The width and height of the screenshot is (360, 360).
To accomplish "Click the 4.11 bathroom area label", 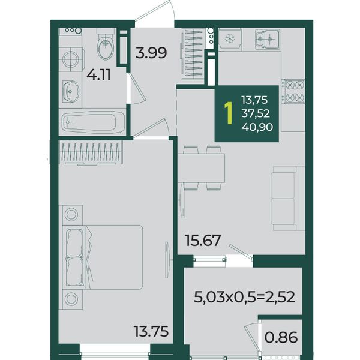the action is point(98,75).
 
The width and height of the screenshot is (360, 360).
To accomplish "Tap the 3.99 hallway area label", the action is point(151,53).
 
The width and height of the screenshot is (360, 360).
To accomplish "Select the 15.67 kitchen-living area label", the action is point(203,241).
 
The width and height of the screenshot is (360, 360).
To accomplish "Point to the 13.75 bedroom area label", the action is point(152,331).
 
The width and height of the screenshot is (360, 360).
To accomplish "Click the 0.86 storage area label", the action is point(281,337).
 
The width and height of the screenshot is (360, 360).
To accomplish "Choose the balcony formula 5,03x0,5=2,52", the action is point(244,297).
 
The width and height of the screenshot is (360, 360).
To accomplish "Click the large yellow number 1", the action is point(229,113).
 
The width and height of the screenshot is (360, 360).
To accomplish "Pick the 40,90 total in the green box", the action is point(257,127).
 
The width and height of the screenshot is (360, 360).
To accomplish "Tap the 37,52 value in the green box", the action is point(256,113).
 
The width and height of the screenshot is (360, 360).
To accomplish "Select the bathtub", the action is point(92,122).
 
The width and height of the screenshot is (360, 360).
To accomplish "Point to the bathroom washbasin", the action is point(71,91).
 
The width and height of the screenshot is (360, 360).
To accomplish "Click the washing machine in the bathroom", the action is point(70,59).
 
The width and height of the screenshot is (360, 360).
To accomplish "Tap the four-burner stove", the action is point(293,92).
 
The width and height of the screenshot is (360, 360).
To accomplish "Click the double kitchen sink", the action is point(268,39).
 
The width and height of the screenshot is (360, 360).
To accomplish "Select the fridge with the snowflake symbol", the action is point(229,39).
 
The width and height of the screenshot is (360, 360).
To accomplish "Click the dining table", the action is point(202,168).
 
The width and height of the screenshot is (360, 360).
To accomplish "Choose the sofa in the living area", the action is point(288,199).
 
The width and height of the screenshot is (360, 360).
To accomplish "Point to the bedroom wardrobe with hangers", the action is point(91,152).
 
